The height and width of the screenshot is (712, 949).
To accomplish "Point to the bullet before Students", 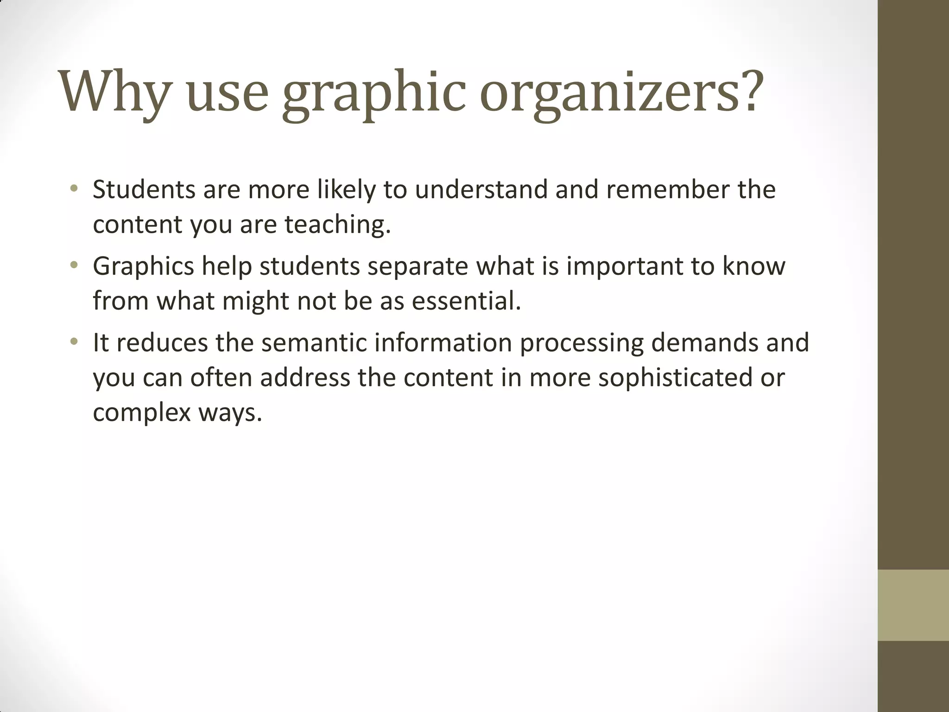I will pyautogui.click(x=74, y=189).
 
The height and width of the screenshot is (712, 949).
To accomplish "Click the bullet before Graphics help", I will pyautogui.click(x=74, y=266).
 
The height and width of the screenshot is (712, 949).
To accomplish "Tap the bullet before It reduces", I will pyautogui.click(x=74, y=342).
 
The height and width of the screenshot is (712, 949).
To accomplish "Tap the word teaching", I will pyautogui.click(x=338, y=225).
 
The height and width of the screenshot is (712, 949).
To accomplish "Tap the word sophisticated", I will pyautogui.click(x=675, y=378).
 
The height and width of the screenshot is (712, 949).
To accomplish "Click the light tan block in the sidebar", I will pyautogui.click(x=913, y=605).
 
